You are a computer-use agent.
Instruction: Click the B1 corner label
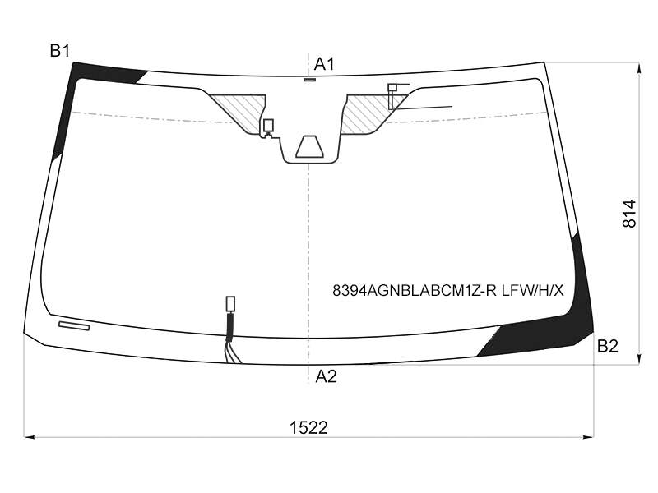click(59, 51)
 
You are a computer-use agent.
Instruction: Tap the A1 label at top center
click(324, 65)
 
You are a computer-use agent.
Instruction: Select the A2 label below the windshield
click(326, 376)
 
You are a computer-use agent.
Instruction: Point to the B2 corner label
click(608, 346)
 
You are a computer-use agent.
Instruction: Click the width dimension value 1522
click(308, 428)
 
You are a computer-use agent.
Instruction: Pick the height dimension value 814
click(629, 214)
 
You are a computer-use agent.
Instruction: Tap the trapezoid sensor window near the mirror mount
click(310, 147)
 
